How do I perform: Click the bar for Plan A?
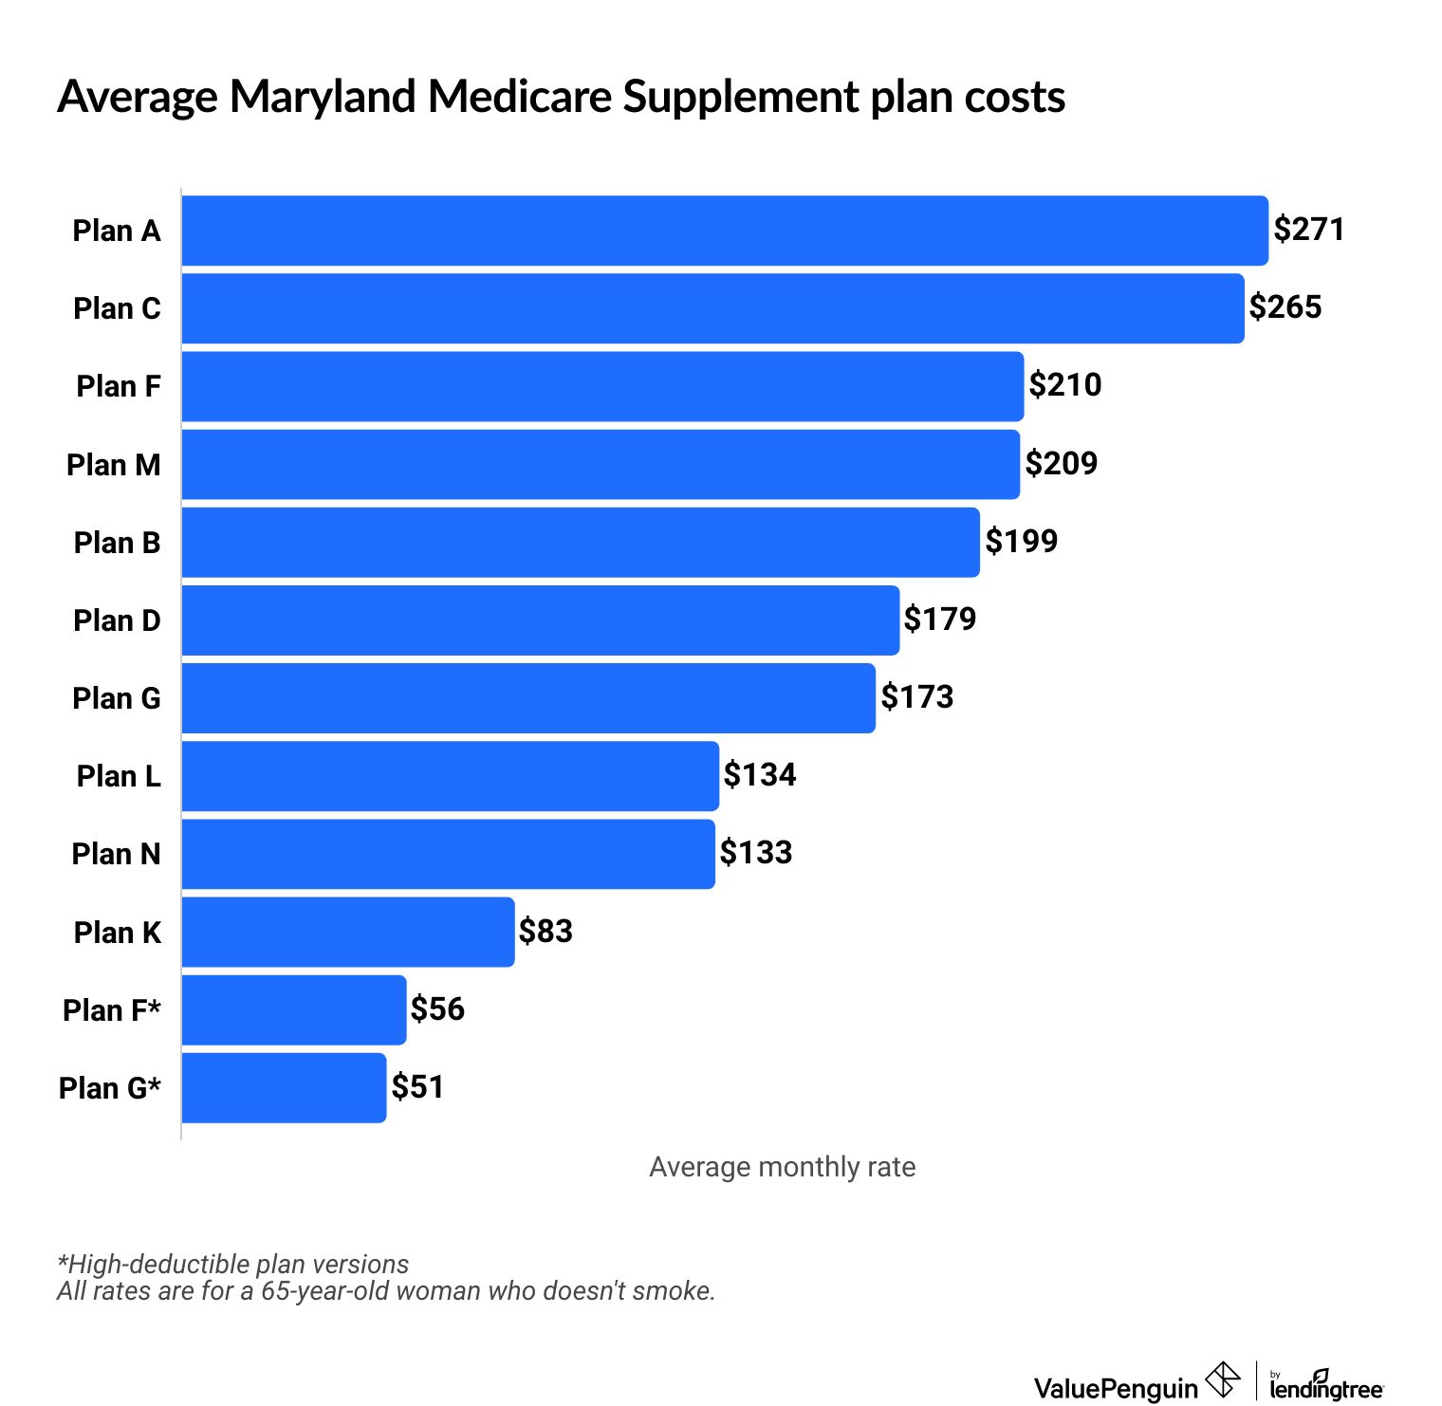point(725,231)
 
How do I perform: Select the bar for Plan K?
point(348,933)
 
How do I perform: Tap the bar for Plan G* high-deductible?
point(284,1088)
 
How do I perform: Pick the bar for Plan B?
point(581,543)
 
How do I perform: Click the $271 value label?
point(1309,230)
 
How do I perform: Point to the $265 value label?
point(1285,307)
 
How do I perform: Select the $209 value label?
point(1062,464)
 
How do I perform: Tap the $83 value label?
point(545,932)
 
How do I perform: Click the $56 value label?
point(437,1009)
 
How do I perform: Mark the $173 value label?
point(916,697)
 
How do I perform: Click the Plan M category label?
point(114,466)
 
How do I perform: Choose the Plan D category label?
point(117,621)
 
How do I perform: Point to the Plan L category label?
point(119,777)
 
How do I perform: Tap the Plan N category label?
point(116,855)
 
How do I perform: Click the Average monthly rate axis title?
point(782,1167)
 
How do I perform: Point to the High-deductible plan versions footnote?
point(233,1265)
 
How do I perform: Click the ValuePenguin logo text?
point(1116,1389)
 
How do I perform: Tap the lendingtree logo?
point(1326,1386)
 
